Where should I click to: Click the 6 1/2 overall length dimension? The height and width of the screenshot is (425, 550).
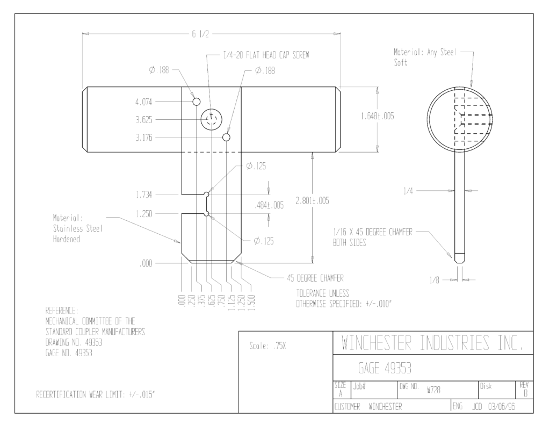(x=200, y=34)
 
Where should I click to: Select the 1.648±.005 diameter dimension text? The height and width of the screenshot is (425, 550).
(x=378, y=116)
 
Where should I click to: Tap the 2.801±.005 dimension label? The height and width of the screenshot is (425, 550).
(x=312, y=201)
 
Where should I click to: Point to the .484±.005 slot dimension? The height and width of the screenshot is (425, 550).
(x=269, y=205)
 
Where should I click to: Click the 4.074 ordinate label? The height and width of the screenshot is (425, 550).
(x=144, y=102)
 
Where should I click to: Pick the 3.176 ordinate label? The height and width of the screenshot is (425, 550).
(x=144, y=138)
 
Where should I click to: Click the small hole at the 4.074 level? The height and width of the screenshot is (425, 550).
(x=197, y=102)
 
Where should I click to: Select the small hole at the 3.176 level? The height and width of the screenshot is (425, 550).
(x=227, y=137)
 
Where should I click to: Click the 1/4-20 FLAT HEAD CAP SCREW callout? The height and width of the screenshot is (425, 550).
(x=266, y=55)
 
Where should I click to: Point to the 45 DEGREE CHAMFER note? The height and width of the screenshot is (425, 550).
(x=315, y=278)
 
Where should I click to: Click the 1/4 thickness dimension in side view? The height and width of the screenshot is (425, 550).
(x=408, y=191)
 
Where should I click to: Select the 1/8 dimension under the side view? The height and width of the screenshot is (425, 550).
(x=434, y=280)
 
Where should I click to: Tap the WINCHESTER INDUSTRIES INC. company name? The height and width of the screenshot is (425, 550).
(x=432, y=343)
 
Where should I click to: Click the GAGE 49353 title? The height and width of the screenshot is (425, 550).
(x=385, y=368)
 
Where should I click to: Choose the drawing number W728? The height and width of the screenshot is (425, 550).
(x=433, y=390)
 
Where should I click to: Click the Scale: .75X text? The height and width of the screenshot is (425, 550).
(x=267, y=346)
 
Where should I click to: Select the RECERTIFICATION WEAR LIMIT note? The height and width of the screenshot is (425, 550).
(x=96, y=395)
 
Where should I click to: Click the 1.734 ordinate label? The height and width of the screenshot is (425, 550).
(x=144, y=195)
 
